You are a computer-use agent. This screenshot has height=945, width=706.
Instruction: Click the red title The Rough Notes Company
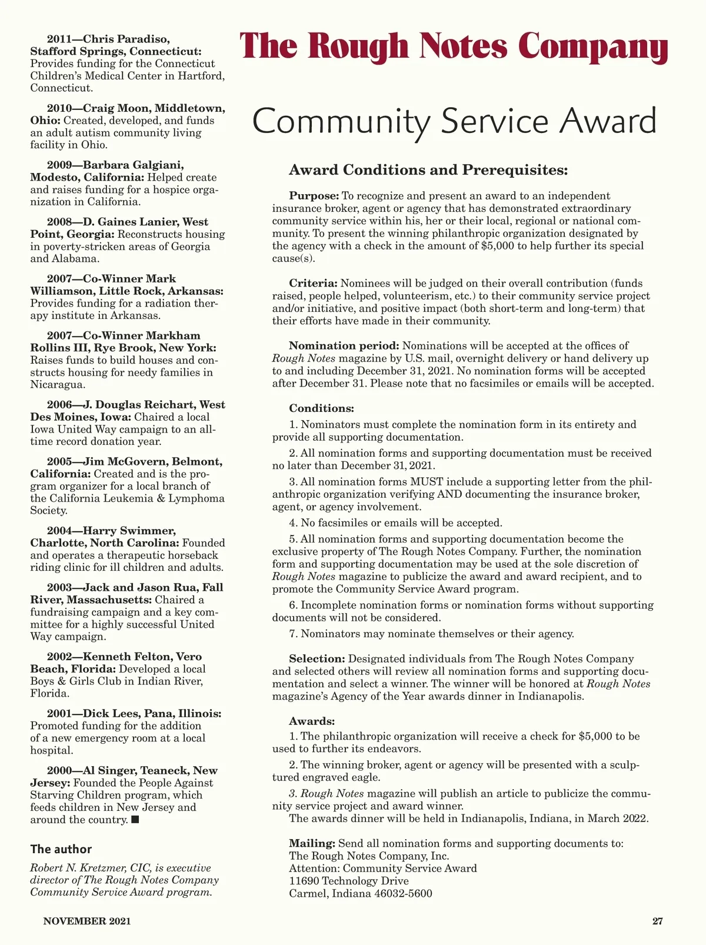(454, 46)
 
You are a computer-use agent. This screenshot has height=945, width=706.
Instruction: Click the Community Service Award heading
(454, 121)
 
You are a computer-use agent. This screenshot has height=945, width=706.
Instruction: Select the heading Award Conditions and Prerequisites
(428, 170)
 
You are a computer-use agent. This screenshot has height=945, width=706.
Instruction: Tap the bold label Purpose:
(314, 196)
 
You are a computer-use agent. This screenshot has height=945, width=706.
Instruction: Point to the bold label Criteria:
(313, 283)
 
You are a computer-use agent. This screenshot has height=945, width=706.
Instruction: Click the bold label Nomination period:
(344, 345)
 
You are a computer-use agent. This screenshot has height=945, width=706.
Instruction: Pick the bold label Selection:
(317, 658)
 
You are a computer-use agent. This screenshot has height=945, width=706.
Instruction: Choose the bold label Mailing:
(312, 843)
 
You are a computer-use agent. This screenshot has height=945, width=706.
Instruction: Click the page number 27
(657, 921)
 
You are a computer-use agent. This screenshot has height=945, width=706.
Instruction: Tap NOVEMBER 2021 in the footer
(87, 921)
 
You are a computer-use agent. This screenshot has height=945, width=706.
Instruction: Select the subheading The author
(61, 849)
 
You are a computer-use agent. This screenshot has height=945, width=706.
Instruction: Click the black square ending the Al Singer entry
(135, 820)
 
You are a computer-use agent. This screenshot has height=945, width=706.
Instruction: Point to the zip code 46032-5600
(403, 893)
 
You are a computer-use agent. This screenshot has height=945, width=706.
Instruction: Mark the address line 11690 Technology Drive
(348, 881)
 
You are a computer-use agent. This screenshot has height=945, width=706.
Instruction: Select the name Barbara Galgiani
(134, 165)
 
